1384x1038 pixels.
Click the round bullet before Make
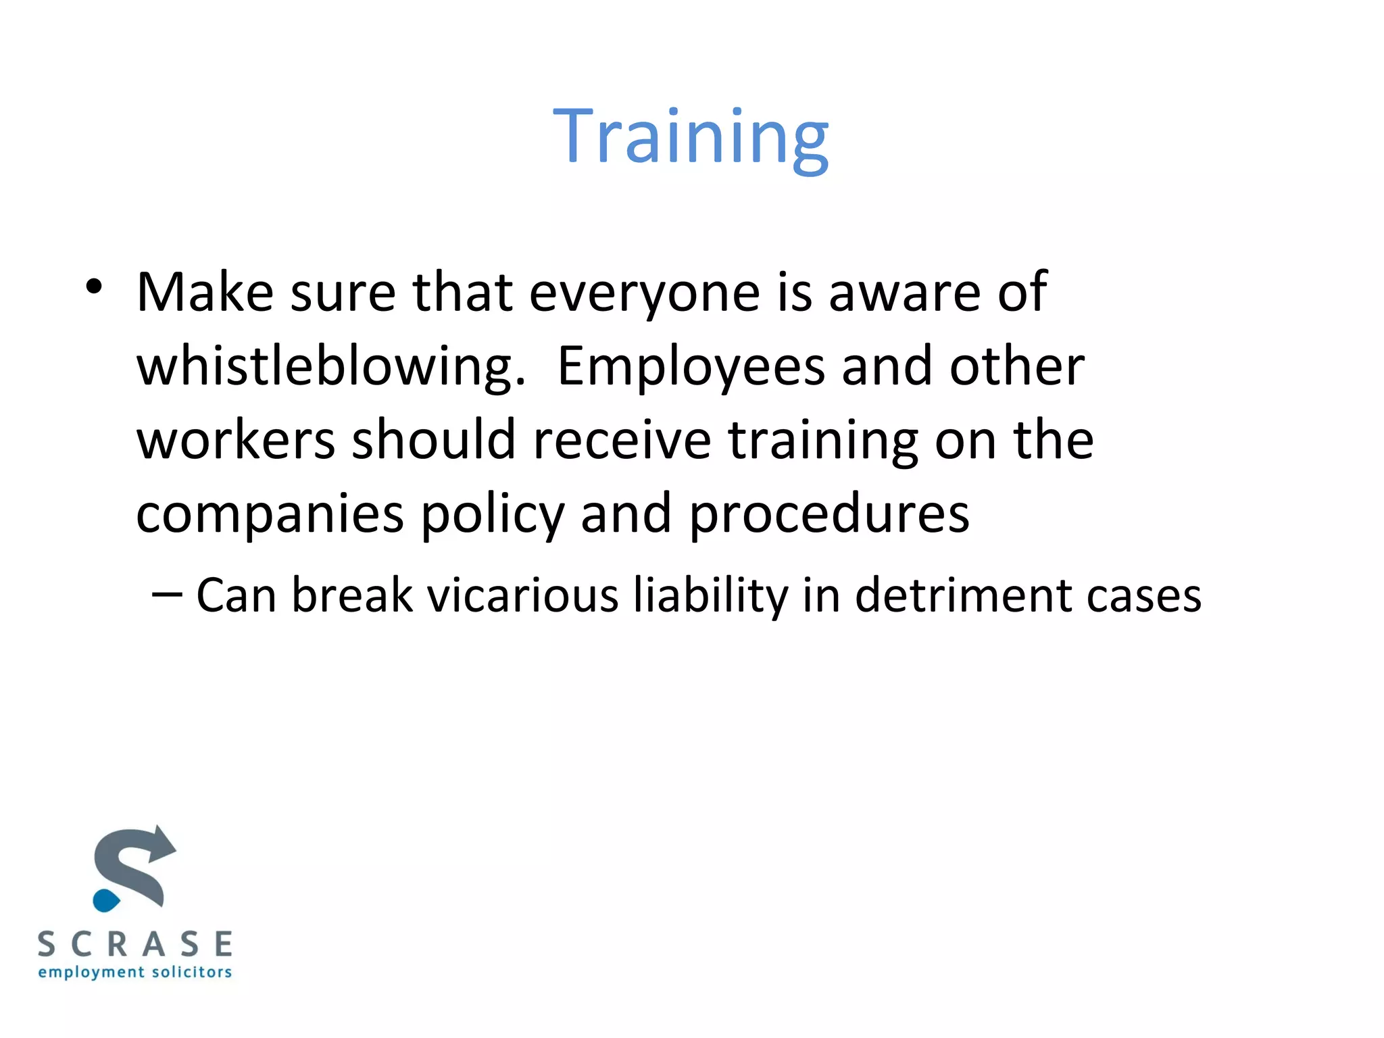94,287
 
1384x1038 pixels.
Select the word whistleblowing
330,367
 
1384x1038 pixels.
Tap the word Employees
691,367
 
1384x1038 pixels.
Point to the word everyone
644,293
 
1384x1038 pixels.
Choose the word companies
270,514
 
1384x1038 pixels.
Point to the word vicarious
522,595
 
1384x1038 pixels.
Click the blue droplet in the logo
106,901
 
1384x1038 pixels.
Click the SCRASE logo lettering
135,944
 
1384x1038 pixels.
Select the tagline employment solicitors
135,972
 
